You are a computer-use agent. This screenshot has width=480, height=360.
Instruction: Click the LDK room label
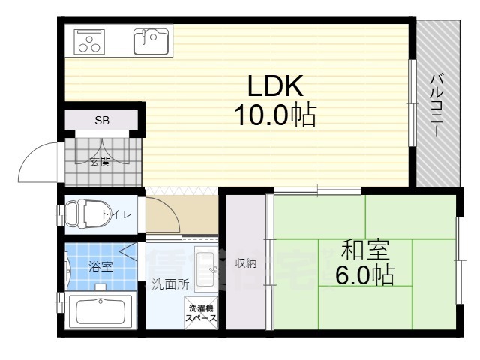[x=272, y=85]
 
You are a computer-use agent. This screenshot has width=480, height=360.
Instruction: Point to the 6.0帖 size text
[x=364, y=275]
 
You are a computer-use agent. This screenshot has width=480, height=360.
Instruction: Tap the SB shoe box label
[x=100, y=120]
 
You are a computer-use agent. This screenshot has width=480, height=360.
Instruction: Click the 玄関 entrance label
[x=101, y=160]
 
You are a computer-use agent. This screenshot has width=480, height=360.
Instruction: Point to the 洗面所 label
[x=170, y=284]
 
